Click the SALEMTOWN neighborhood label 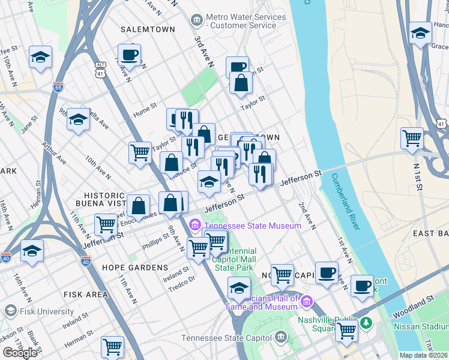pos(148,29)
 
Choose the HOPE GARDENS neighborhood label pos(135,267)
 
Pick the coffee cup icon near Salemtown pos(129,56)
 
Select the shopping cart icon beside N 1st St pos(412,138)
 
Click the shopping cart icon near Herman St pos(112,346)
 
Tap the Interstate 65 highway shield pos(58,87)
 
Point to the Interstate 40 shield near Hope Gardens pos(86,261)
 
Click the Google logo pos(20,353)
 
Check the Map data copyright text pos(424,355)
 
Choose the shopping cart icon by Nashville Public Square pos(346,329)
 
